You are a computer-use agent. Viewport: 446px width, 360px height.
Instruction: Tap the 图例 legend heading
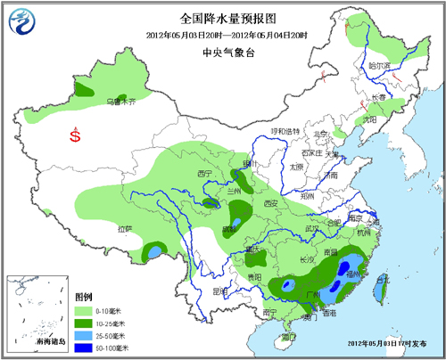click(84, 295)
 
